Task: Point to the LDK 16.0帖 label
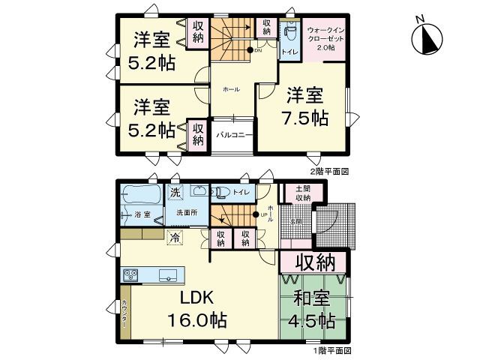point(196,308)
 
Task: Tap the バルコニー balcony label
point(233,136)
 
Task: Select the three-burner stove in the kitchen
point(131,274)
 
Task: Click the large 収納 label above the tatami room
point(314,264)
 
